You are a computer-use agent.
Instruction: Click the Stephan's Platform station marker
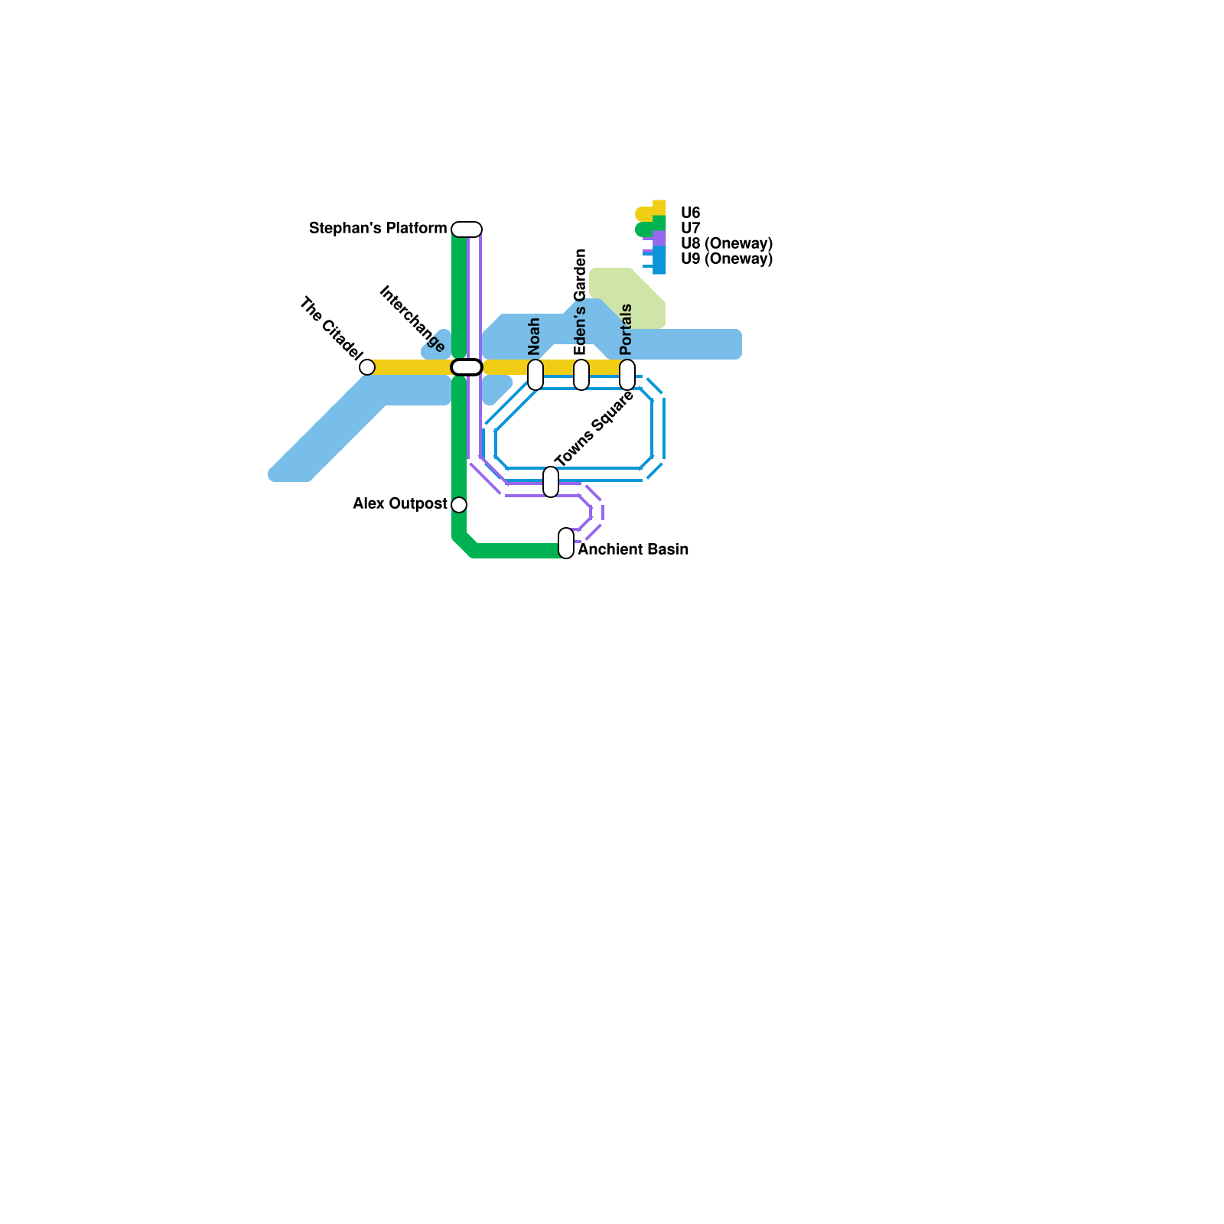tap(467, 229)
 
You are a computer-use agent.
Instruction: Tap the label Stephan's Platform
tap(378, 229)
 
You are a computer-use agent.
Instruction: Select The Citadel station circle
tap(367, 367)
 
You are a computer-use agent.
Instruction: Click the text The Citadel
tap(330, 328)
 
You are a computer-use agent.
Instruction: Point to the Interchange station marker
tap(467, 367)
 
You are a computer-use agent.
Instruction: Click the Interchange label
tap(412, 319)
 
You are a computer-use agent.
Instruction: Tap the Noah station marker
tap(535, 375)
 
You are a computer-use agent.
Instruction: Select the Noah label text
tap(535, 336)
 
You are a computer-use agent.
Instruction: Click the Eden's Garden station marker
tap(581, 375)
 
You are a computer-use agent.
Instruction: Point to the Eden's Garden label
tap(581, 302)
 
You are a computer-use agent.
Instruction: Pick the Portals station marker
tap(627, 375)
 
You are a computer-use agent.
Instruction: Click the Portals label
tap(627, 330)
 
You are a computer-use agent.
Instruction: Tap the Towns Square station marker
tap(551, 482)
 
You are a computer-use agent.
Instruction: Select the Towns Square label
tap(594, 429)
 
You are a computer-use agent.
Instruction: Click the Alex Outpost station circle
tap(459, 505)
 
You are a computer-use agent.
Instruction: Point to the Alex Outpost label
tap(400, 504)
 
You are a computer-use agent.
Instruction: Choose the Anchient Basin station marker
tap(566, 543)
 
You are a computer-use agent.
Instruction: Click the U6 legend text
tap(690, 213)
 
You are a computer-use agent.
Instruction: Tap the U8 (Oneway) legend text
tap(726, 244)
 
